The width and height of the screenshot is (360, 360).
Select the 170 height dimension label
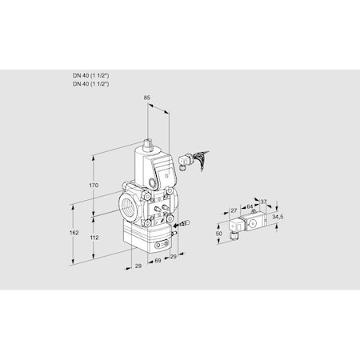pos(93,185)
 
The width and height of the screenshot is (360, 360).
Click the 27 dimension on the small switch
pos(234,210)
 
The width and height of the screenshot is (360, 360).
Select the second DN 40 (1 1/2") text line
pos(91,82)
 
